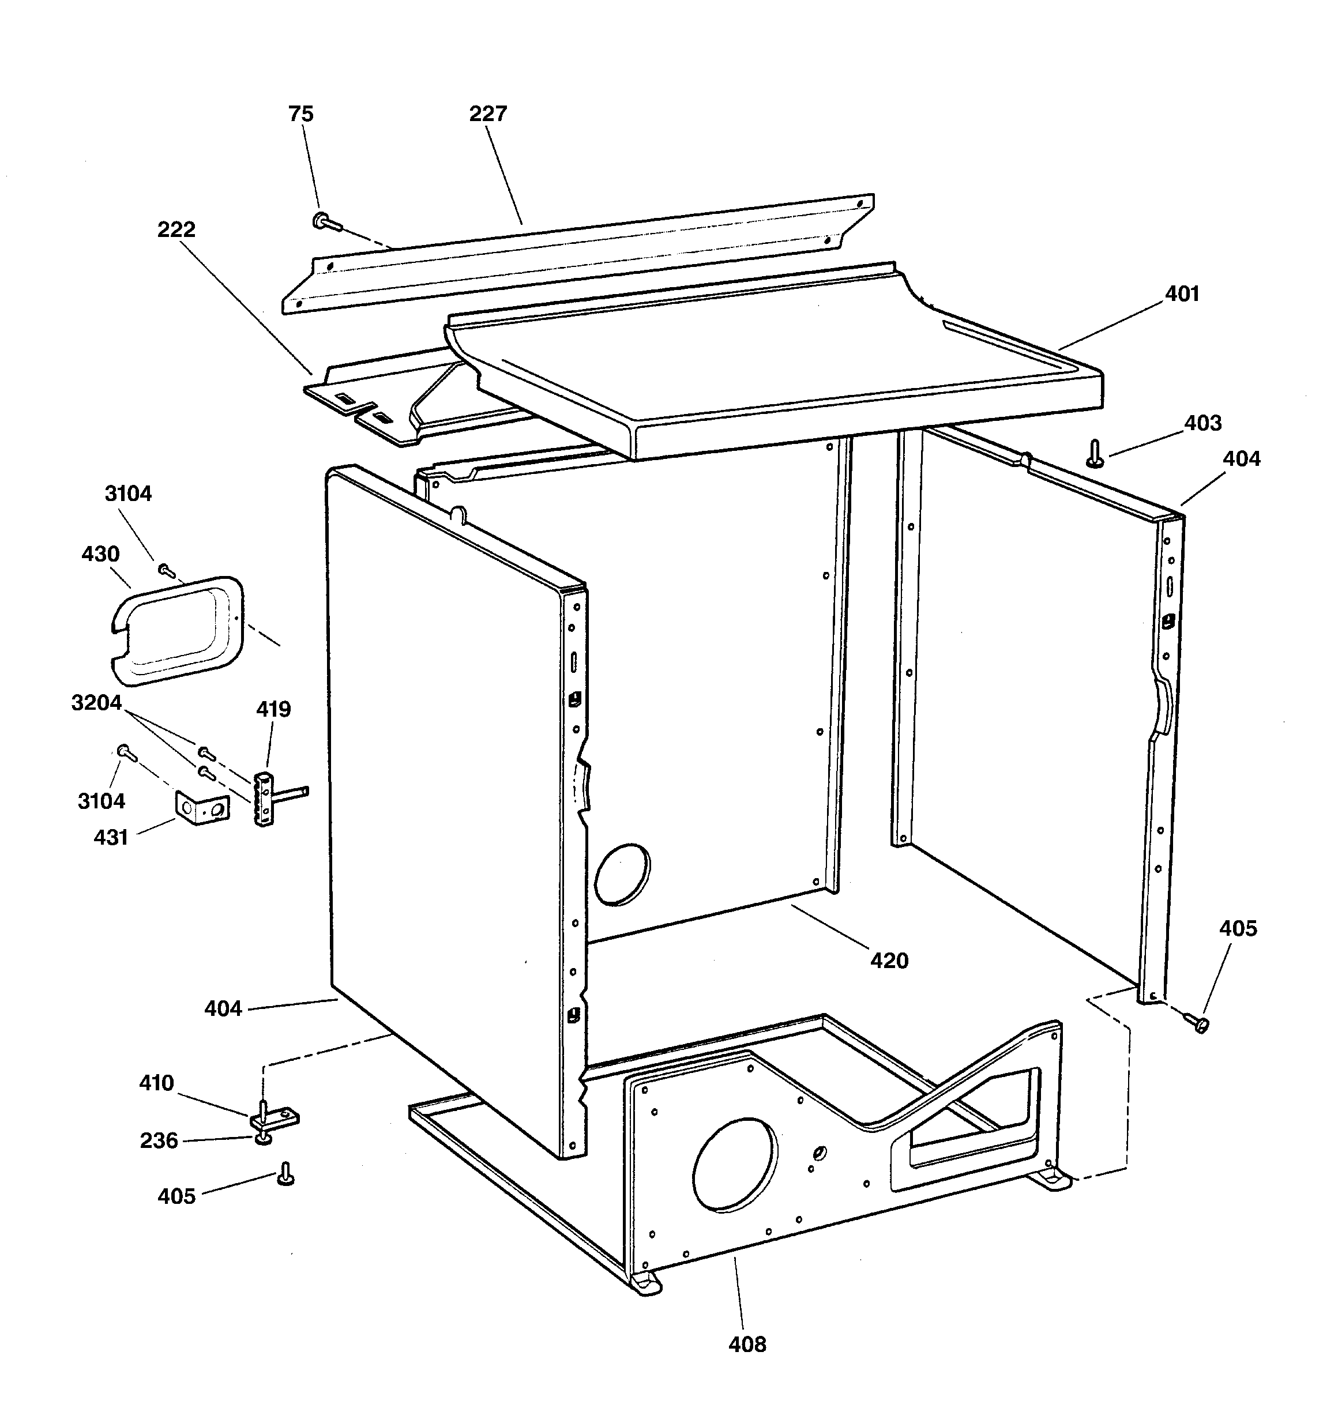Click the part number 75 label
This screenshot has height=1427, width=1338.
(301, 114)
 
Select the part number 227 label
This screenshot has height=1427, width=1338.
(488, 114)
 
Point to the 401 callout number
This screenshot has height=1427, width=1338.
(1182, 293)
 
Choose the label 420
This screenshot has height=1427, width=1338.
(889, 961)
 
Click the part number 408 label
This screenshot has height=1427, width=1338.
(747, 1345)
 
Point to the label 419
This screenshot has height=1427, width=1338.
(273, 709)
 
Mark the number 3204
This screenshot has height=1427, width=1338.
(96, 702)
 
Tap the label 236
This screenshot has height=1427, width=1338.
(159, 1140)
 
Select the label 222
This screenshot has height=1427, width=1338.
(176, 229)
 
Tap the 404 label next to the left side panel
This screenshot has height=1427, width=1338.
(223, 1008)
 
